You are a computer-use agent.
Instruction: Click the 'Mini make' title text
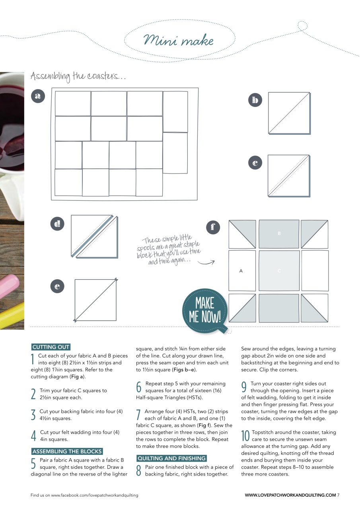179,41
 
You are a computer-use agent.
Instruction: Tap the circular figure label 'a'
38,96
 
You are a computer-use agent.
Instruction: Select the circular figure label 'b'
255,100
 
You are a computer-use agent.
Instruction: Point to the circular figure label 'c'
255,163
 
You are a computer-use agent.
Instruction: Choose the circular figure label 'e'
58,286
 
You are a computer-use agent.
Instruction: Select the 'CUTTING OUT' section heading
51,347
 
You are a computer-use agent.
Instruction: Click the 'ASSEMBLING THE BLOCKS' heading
67,451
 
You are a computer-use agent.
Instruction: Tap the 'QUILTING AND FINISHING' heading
171,458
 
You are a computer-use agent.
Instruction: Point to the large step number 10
245,436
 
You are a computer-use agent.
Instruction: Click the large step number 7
139,415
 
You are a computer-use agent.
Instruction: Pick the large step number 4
34,436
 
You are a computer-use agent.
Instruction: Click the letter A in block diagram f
241,271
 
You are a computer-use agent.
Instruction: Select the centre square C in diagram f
279,271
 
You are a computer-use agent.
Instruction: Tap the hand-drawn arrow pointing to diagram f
206,262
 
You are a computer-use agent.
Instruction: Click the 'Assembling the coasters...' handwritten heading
78,76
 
